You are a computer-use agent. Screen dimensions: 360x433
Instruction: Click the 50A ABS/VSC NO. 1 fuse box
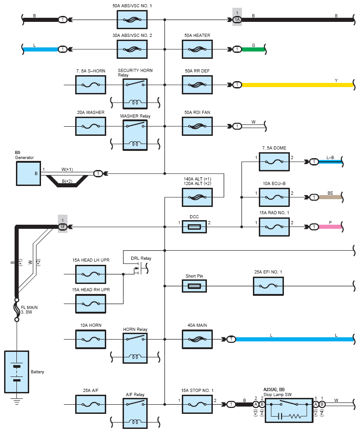point(132,20)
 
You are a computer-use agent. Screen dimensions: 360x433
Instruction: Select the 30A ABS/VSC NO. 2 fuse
point(132,49)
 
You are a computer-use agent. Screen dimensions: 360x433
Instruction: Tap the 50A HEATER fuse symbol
point(197,49)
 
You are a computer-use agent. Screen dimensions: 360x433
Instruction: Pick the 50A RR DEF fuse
point(197,85)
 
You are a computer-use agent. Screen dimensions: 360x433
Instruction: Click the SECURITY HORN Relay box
point(135,94)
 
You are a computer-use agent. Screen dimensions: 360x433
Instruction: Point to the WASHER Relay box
point(135,135)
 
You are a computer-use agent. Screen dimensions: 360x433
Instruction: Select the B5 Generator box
point(28,173)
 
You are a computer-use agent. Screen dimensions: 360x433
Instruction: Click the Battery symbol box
point(16,371)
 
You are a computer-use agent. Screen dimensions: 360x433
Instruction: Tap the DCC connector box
point(195,227)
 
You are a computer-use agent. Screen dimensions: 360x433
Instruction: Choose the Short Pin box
point(195,286)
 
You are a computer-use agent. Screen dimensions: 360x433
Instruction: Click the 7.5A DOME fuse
point(274,162)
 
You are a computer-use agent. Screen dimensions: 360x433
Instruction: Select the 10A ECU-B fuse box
point(274,197)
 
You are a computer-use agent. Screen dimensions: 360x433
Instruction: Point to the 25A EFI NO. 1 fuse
point(268,286)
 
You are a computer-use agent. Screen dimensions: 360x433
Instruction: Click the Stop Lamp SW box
point(289,410)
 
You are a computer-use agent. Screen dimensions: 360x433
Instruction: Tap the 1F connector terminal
point(63,227)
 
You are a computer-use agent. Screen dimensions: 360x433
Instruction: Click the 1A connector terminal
point(237,20)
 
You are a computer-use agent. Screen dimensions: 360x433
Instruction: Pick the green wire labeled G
point(253,49)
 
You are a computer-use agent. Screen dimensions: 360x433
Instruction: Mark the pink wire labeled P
point(330,227)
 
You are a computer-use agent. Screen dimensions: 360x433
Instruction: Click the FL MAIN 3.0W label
point(29,310)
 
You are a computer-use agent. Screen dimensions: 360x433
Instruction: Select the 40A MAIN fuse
point(197,339)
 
